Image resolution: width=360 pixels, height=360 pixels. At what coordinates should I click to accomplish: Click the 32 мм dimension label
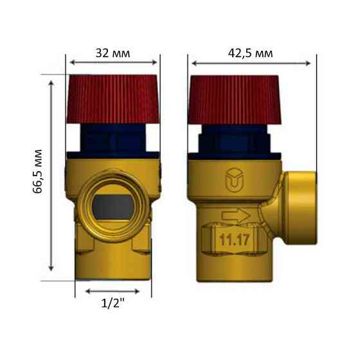pos(113,53)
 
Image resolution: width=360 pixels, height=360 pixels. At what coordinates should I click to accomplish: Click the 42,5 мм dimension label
pos(251,53)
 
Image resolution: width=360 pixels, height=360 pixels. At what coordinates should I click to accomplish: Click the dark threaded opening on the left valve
pos(112,206)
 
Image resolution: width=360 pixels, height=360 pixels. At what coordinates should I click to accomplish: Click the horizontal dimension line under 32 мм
pos(113,62)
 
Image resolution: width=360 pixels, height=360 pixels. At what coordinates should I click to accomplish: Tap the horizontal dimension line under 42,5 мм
pos(253,62)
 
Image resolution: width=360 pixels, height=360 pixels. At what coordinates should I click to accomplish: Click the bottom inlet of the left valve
pos(113,270)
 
